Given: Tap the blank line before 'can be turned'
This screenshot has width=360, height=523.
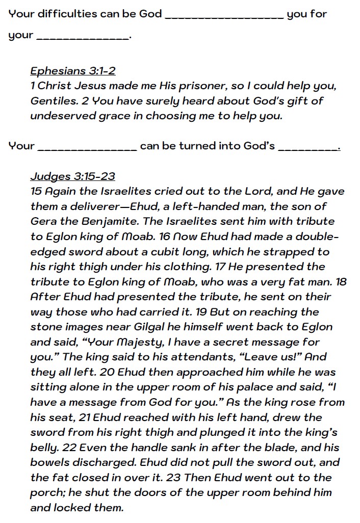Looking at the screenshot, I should (x=88, y=149).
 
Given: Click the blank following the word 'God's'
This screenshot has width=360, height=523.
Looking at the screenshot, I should (x=308, y=149).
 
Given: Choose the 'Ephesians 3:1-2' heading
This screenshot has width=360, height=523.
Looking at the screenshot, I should (x=73, y=71).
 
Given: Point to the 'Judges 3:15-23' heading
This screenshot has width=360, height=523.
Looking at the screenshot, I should (x=73, y=176).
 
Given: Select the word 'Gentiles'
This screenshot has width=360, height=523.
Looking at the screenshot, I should (x=52, y=101).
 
